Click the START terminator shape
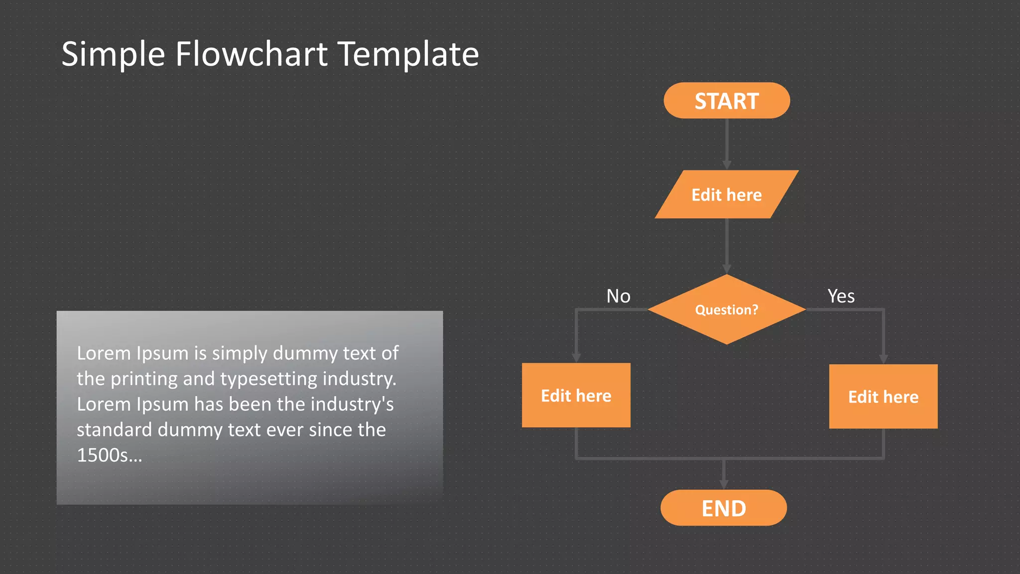[x=726, y=101]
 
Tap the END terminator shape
[x=723, y=508]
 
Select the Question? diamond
[x=726, y=309]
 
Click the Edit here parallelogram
[x=726, y=194]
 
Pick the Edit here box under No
[x=576, y=395]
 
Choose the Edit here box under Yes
[x=883, y=396]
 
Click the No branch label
[x=618, y=296]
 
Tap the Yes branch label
[x=841, y=296]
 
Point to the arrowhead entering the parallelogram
[x=727, y=165]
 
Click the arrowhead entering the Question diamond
[x=727, y=270]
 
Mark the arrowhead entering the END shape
[x=724, y=484]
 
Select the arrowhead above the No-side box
[x=576, y=358]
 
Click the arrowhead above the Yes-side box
[x=883, y=359]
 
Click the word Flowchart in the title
[x=252, y=54]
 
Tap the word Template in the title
[x=408, y=54]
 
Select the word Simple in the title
[x=113, y=54]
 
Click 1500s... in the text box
[x=110, y=455]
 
